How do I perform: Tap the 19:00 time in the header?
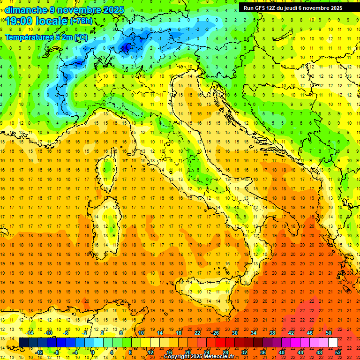point(17,21)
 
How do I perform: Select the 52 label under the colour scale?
point(338,352)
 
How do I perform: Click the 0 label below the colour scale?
point(93,352)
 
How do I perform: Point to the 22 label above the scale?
point(197,333)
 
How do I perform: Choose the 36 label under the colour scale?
point(262,352)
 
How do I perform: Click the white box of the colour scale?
point(333,342)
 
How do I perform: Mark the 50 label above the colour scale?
point(329,333)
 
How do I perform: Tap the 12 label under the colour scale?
point(150,352)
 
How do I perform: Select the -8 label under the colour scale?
point(57,352)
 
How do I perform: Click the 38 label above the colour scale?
point(272,333)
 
